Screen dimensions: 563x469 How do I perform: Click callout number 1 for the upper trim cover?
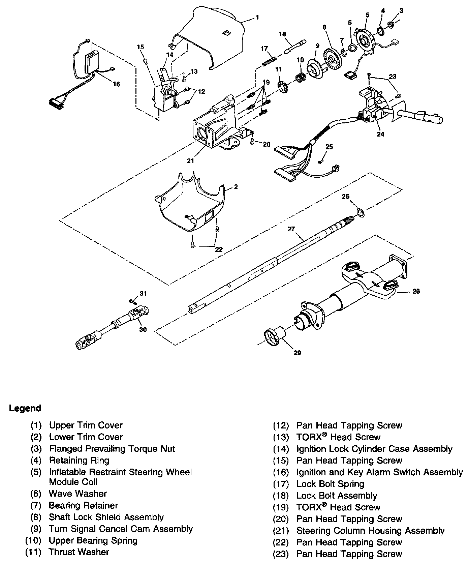257,17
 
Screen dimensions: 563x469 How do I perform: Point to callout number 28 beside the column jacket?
416,291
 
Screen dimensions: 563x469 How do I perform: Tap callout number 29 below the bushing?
297,353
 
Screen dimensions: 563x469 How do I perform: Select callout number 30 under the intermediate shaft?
143,329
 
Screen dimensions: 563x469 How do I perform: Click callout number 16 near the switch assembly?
116,84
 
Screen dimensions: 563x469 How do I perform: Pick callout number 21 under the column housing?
191,160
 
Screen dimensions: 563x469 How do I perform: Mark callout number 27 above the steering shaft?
291,229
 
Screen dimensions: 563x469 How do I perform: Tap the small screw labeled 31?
131,301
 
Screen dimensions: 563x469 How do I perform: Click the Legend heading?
25,408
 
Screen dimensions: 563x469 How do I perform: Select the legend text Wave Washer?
78,494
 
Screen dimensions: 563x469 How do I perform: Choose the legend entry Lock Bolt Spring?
330,484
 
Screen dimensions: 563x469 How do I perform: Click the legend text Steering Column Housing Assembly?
370,531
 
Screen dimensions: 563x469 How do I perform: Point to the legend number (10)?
33,541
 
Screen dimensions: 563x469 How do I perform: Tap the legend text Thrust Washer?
79,552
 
